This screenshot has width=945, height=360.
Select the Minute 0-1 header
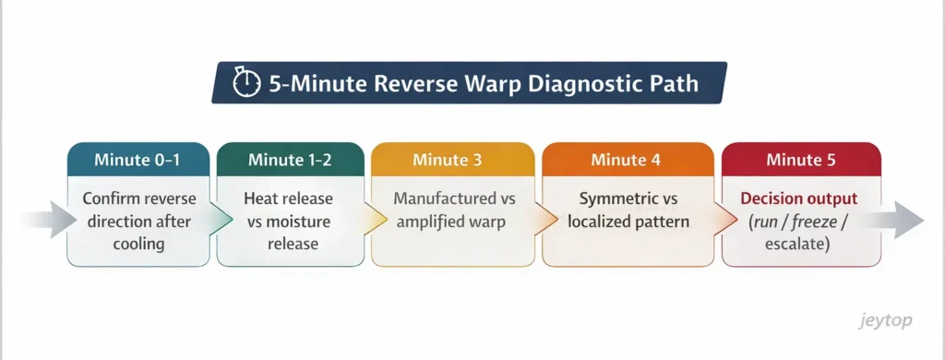tap(137, 160)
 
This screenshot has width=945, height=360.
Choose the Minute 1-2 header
tap(290, 160)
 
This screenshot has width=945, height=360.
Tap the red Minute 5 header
tap(800, 160)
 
